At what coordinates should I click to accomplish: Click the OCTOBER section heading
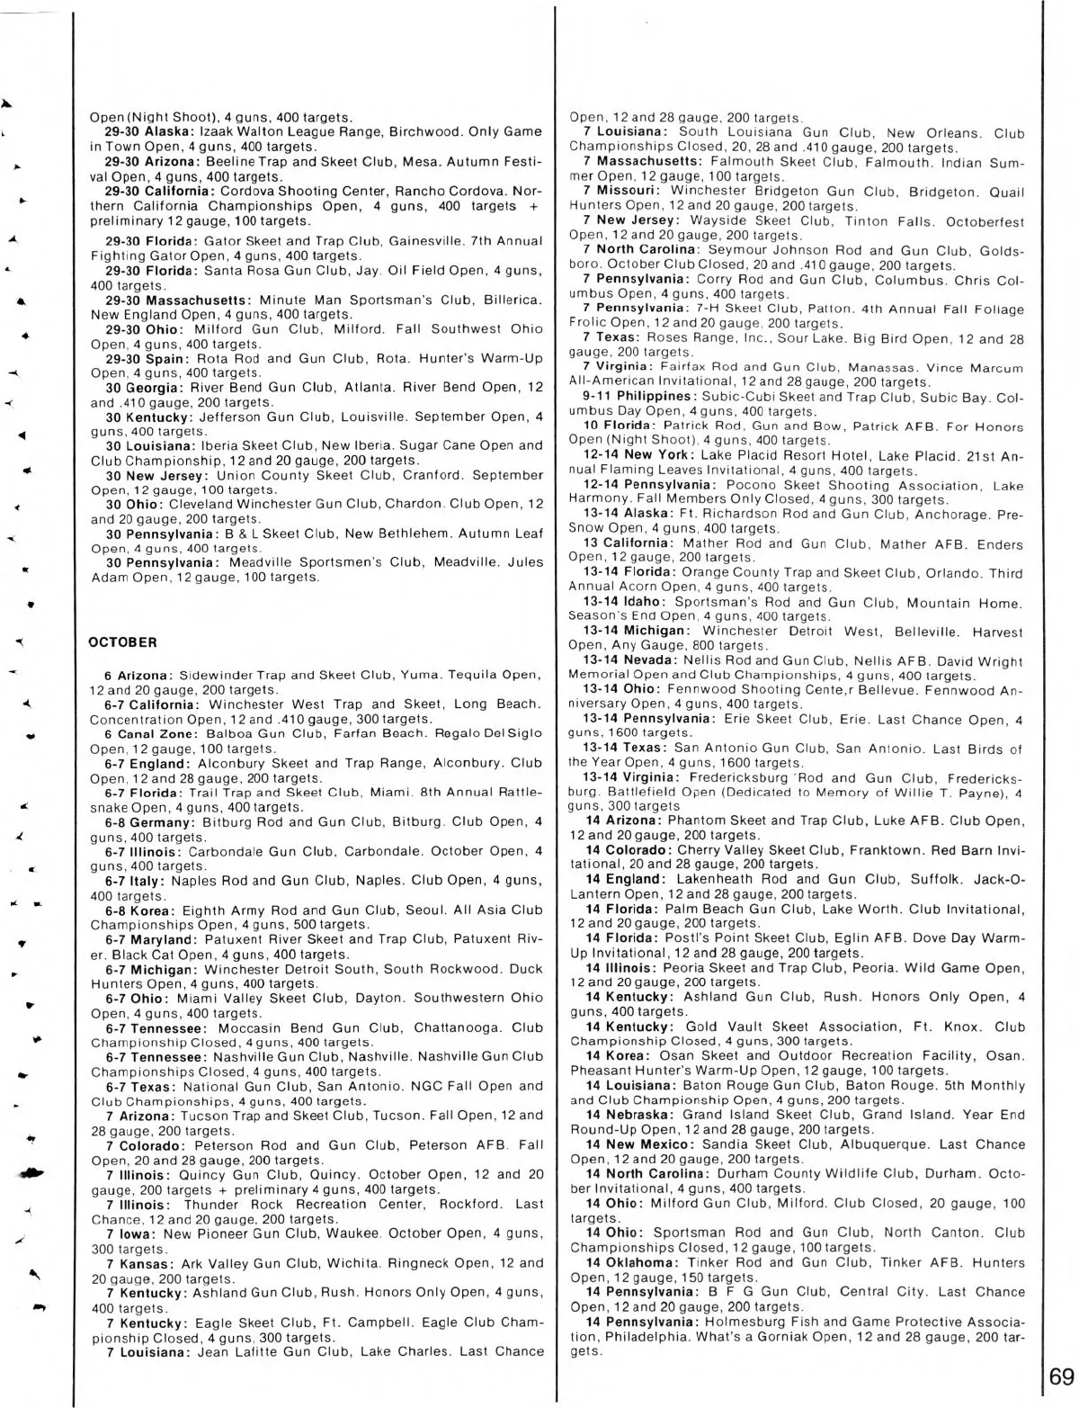[x=123, y=642]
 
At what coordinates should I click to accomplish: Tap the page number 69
[x=1060, y=1377]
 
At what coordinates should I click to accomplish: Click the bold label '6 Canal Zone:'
[x=147, y=733]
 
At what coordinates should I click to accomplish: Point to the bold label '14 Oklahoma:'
[x=626, y=1262]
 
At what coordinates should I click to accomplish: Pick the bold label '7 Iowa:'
[x=132, y=1233]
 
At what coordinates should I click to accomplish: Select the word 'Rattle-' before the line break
[x=515, y=792]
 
